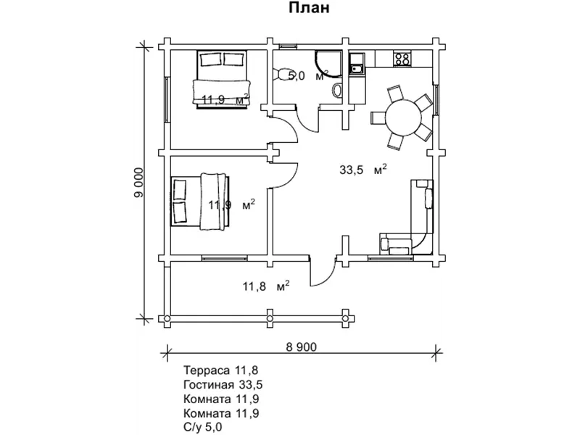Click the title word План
309,8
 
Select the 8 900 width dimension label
302,347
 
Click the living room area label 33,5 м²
363,170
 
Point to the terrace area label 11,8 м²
266,286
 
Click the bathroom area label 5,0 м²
308,76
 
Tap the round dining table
404,118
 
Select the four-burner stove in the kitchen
402,59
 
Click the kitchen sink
357,69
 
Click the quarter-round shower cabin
328,65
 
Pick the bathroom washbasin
337,91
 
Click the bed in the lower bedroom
200,201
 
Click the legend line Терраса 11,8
221,370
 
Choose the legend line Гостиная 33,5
223,385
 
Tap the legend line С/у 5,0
203,427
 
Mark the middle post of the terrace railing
270,318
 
